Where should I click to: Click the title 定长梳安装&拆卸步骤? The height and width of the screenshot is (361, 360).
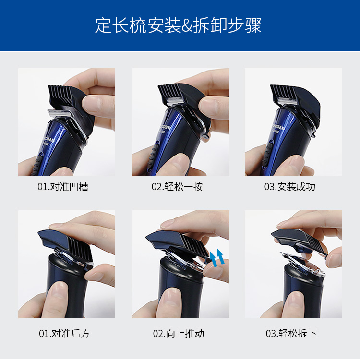point(179,25)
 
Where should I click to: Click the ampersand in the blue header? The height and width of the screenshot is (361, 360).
point(187,26)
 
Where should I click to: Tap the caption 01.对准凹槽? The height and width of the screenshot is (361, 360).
point(63,186)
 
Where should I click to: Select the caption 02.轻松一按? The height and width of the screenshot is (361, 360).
point(177,186)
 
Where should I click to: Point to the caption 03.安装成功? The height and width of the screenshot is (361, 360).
point(290,186)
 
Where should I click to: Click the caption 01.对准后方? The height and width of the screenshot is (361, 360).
point(64,333)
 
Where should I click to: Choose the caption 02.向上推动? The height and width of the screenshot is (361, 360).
point(179,333)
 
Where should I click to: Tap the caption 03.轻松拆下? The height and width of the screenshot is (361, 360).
point(291,333)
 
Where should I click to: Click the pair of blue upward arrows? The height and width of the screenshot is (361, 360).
point(217,258)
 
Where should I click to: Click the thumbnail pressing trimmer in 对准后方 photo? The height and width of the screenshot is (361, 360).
point(60,290)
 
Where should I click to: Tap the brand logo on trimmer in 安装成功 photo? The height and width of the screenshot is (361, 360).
point(278,127)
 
